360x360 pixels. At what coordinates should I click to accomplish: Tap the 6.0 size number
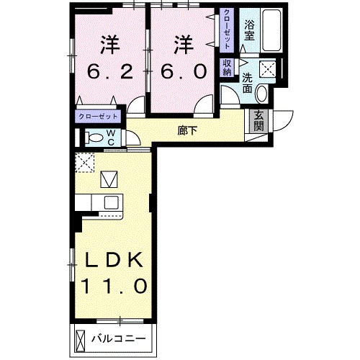[x=184, y=72]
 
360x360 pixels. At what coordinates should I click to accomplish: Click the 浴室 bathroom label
[x=250, y=30]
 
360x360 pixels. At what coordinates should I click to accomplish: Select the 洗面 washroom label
[x=247, y=84]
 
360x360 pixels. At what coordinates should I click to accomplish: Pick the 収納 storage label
[x=228, y=67]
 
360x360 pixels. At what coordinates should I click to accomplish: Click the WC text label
[x=112, y=136]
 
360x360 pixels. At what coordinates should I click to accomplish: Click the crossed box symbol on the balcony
[x=81, y=338]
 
